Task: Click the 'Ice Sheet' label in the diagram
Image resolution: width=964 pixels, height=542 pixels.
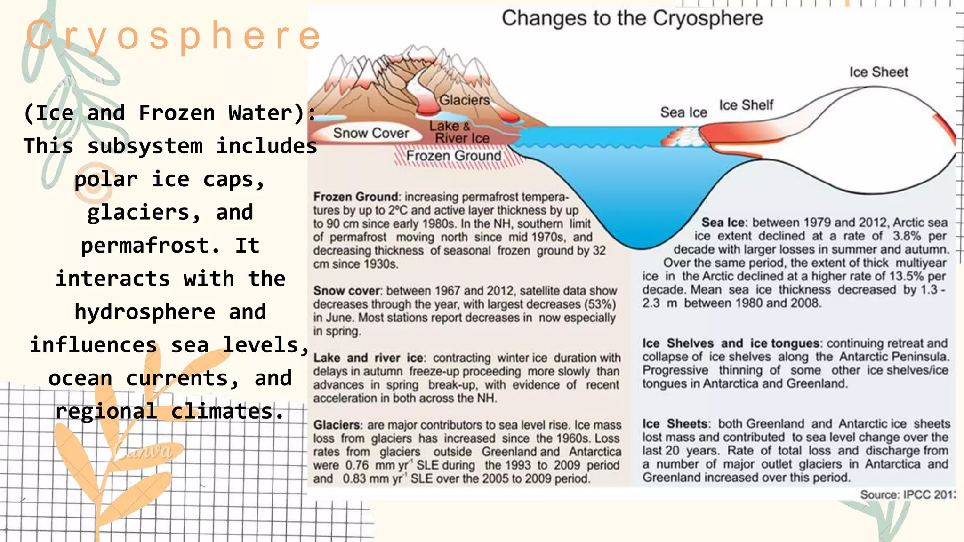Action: [x=878, y=72]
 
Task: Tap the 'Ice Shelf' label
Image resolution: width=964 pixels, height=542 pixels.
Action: [x=746, y=105]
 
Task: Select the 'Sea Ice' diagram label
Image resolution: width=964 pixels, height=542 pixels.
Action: [x=683, y=112]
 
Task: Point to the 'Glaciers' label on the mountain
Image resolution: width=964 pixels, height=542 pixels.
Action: [x=464, y=100]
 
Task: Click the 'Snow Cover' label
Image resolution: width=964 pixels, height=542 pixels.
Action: [x=371, y=133]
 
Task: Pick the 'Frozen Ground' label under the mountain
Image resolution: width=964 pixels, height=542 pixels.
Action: [x=454, y=156]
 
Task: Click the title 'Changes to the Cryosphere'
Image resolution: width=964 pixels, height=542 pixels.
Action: [x=632, y=19]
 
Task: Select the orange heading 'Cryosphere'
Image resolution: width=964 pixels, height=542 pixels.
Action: [x=173, y=35]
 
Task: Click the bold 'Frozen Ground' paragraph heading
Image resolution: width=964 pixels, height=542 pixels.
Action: [x=356, y=197]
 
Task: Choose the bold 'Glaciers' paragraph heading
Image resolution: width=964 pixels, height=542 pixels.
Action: [x=337, y=425]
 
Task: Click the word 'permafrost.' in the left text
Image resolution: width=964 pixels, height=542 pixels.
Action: [x=150, y=246]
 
